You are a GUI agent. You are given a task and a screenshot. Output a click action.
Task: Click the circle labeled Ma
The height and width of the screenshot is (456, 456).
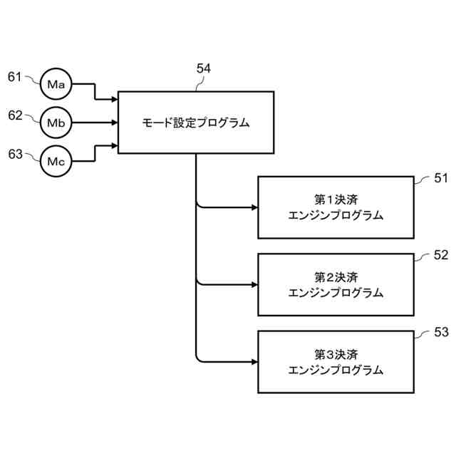tap(56, 85)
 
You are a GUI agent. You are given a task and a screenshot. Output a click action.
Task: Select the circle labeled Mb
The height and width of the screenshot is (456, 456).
tap(56, 123)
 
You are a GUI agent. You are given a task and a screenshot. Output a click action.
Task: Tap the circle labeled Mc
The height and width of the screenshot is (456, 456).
tap(56, 161)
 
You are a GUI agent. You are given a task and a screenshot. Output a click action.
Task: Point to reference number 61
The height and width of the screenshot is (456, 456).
tap(15, 76)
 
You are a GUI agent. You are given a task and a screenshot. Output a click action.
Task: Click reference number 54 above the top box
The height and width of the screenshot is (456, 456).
tap(204, 69)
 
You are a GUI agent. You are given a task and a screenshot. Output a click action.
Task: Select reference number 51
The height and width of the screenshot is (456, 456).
tap(441, 179)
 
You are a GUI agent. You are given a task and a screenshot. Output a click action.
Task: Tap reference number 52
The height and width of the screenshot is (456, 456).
tap(441, 255)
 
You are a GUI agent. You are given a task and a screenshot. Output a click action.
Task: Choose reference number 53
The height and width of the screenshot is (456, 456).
tap(441, 332)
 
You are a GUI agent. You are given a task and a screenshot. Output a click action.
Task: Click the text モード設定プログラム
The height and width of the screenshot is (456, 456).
tap(195, 123)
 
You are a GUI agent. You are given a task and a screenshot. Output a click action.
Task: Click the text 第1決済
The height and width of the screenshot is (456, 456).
tap(336, 199)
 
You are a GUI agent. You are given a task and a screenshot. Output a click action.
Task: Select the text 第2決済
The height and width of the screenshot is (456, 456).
tap(336, 276)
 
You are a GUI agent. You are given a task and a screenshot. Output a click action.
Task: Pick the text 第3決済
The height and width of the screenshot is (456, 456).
tap(336, 353)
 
